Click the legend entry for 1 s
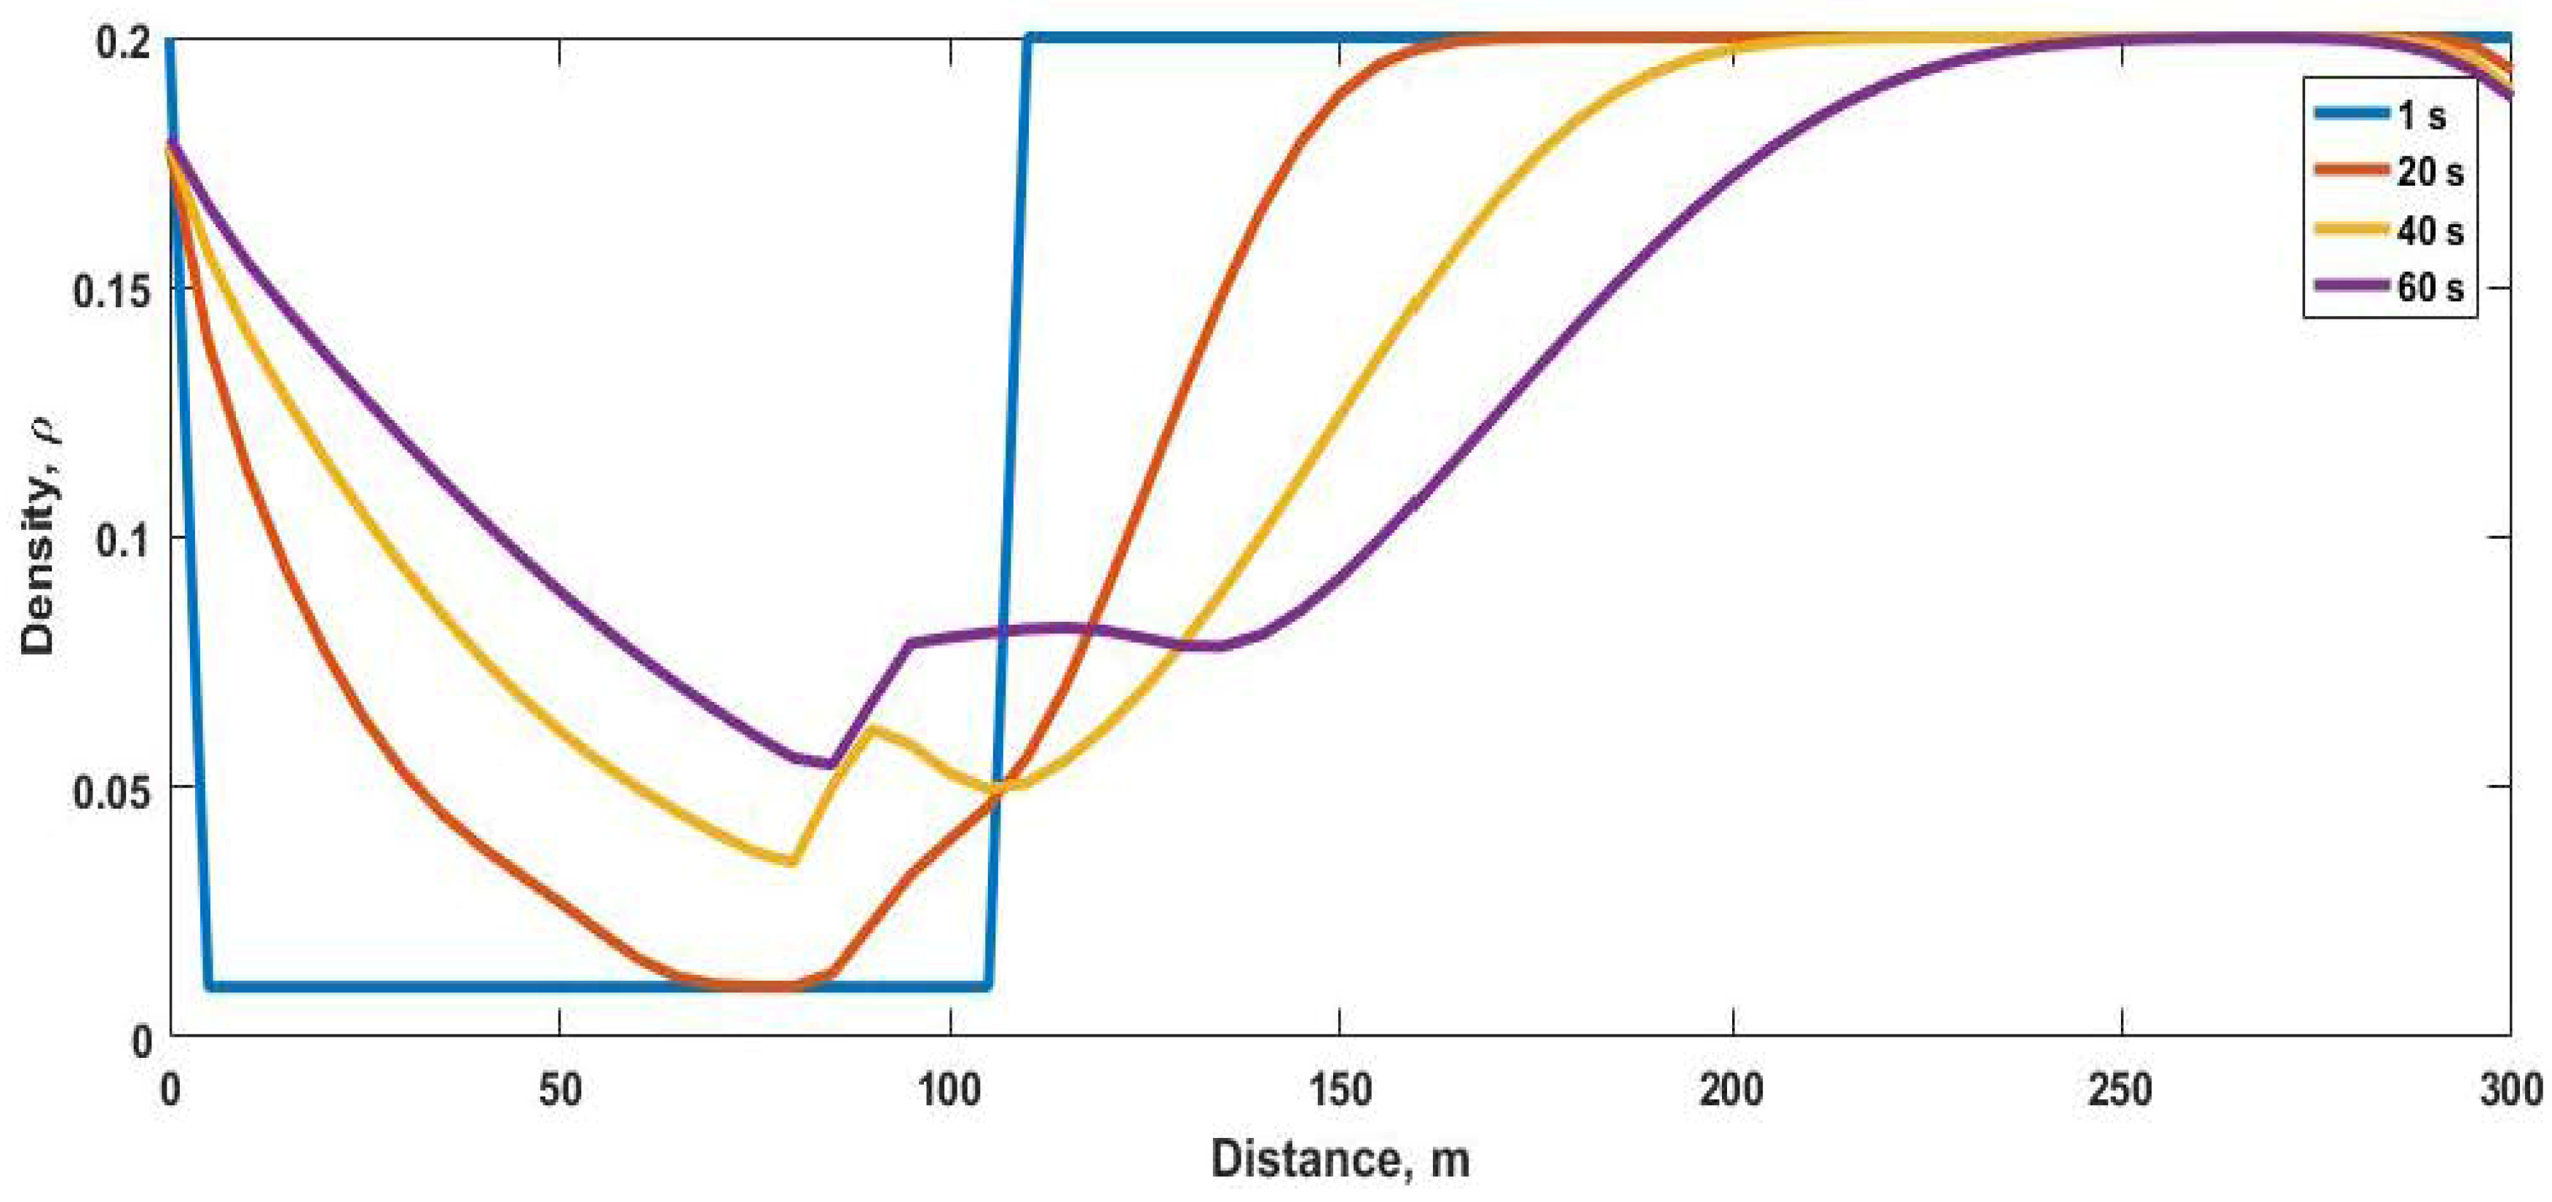click(2420, 115)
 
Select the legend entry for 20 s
click(2429, 173)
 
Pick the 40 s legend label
click(2429, 231)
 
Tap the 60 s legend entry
click(2429, 288)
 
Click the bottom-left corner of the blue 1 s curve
click(210, 985)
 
